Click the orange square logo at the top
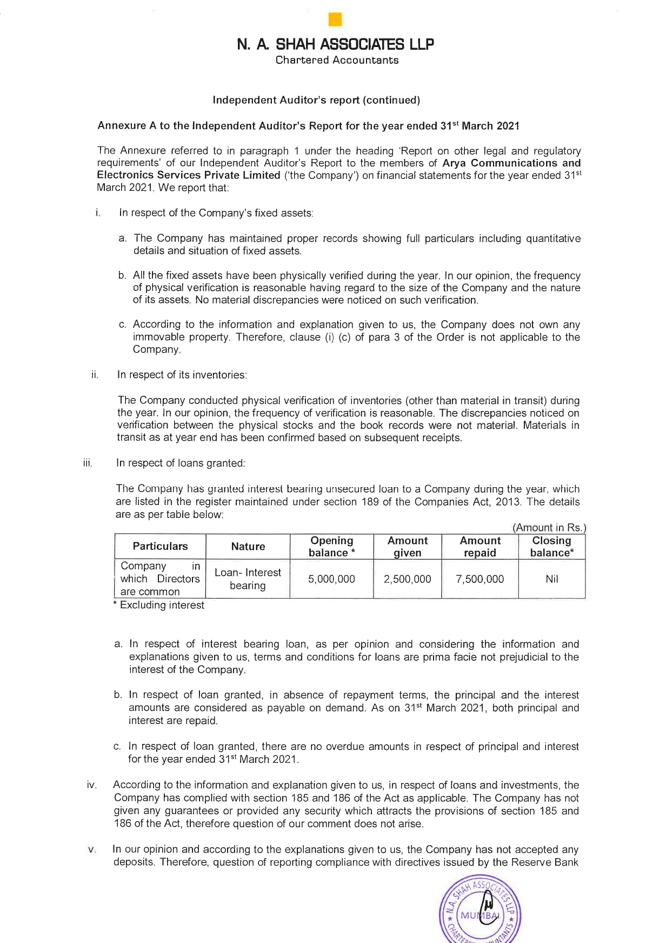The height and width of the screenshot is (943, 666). click(335, 19)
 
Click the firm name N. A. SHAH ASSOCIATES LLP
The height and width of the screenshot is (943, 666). click(335, 44)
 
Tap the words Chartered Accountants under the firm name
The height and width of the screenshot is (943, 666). click(337, 60)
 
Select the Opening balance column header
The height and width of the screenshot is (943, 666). click(331, 547)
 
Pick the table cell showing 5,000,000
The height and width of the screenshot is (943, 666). click(331, 579)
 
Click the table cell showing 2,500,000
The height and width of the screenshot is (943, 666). click(407, 579)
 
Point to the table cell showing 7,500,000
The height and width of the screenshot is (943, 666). click(479, 579)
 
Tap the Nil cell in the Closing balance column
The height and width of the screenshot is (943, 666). click(551, 579)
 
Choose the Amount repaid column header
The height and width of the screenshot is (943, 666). click(479, 547)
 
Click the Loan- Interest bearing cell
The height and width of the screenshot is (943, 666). click(248, 579)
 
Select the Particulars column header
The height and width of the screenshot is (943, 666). click(160, 546)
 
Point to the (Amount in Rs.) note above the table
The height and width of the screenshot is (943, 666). click(549, 528)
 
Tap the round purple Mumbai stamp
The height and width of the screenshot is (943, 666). click(479, 914)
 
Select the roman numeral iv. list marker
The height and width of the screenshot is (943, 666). click(91, 785)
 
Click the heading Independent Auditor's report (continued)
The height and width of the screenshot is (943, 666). click(316, 100)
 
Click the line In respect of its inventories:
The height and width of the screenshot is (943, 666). click(182, 375)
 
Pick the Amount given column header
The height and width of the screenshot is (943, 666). click(407, 547)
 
